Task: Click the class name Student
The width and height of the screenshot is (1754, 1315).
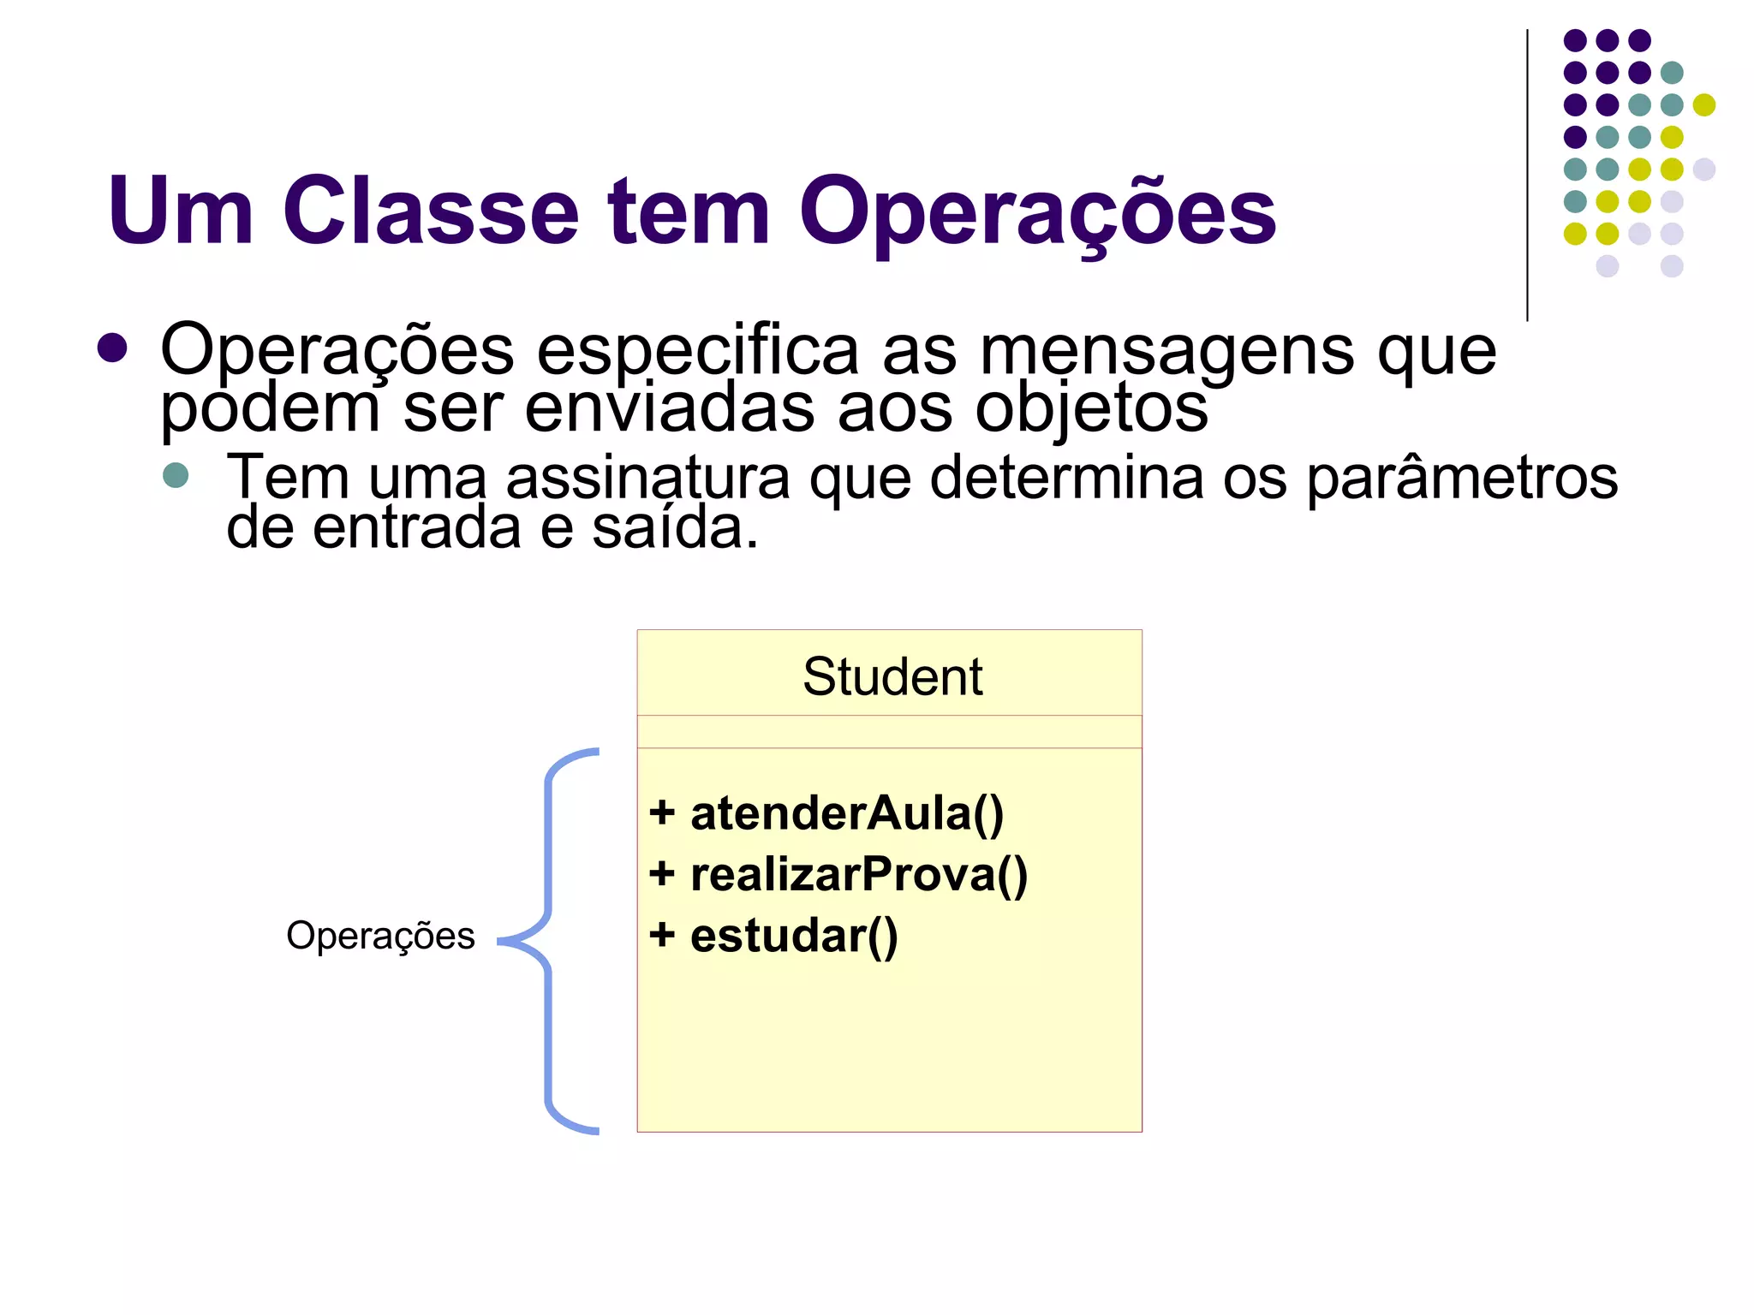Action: click(x=892, y=676)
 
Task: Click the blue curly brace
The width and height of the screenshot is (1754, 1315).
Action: click(x=548, y=941)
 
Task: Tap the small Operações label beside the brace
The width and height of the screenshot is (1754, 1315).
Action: click(x=380, y=936)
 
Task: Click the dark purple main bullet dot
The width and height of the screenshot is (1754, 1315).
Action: click(x=112, y=348)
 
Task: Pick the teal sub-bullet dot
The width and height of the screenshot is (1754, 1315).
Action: click(x=176, y=476)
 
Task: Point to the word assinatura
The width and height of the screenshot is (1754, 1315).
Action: click(x=647, y=477)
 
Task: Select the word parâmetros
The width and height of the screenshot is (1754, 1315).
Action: click(x=1461, y=477)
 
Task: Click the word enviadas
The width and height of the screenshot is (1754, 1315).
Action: click(x=669, y=408)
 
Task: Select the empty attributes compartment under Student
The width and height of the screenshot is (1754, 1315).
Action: click(x=889, y=732)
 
